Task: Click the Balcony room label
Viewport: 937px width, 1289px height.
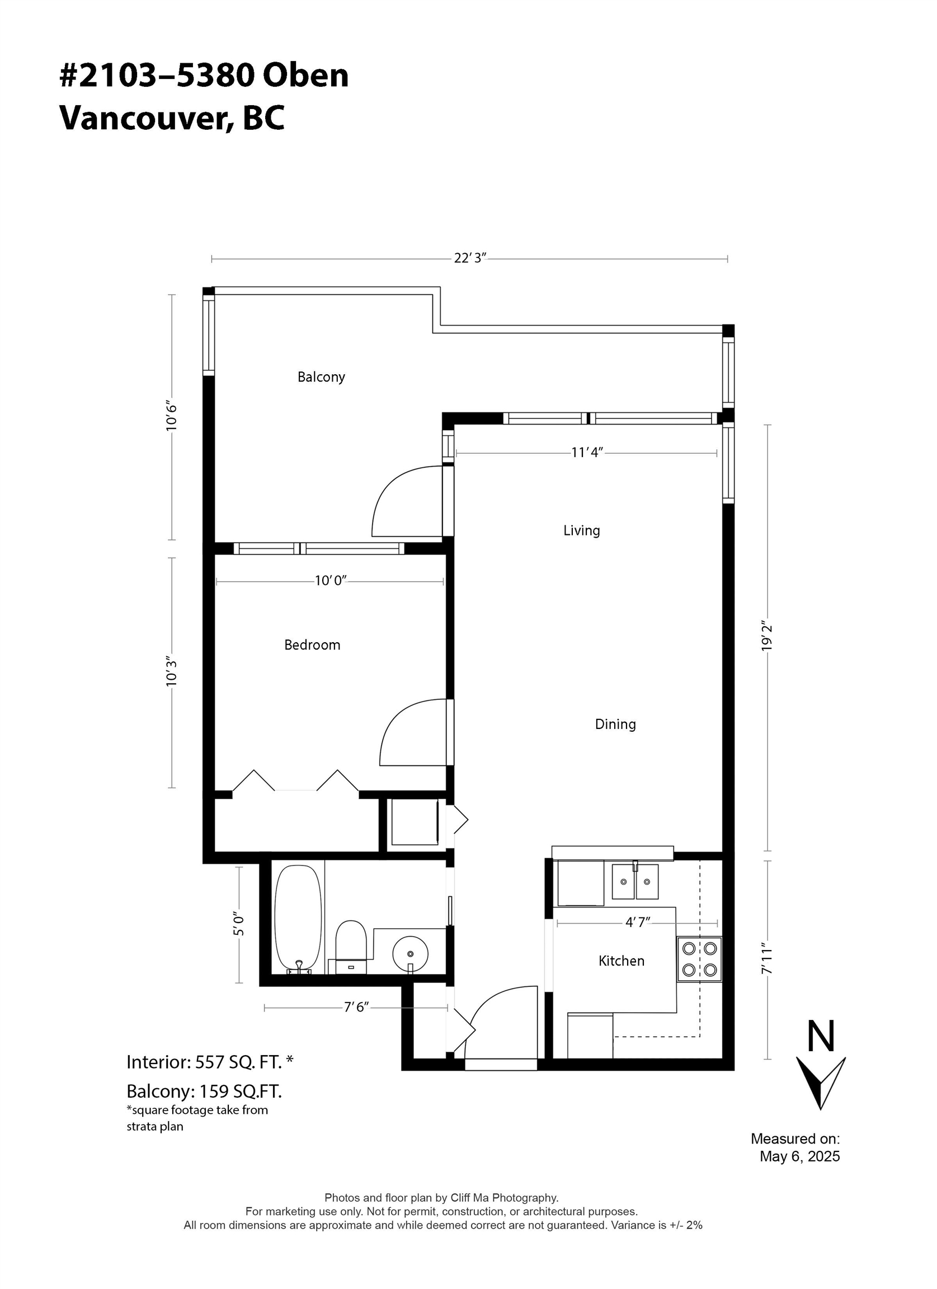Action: click(x=321, y=377)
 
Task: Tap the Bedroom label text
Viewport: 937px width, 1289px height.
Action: click(x=312, y=644)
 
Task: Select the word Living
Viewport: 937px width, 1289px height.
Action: click(x=581, y=530)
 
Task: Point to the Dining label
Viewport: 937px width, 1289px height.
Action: click(x=615, y=724)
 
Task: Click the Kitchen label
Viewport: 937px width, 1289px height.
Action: click(x=621, y=961)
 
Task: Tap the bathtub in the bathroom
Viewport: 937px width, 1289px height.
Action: click(x=298, y=918)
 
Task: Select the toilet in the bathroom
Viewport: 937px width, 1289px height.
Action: click(x=351, y=946)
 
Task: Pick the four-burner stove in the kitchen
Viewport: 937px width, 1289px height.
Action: click(x=699, y=959)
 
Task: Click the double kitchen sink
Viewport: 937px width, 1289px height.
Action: click(x=635, y=882)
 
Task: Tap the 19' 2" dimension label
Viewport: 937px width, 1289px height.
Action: click(x=768, y=638)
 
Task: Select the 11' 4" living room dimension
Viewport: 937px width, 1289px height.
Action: click(x=586, y=453)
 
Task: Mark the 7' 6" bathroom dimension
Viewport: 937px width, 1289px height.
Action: click(x=356, y=1006)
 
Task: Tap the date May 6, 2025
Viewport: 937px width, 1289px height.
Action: click(x=799, y=1156)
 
